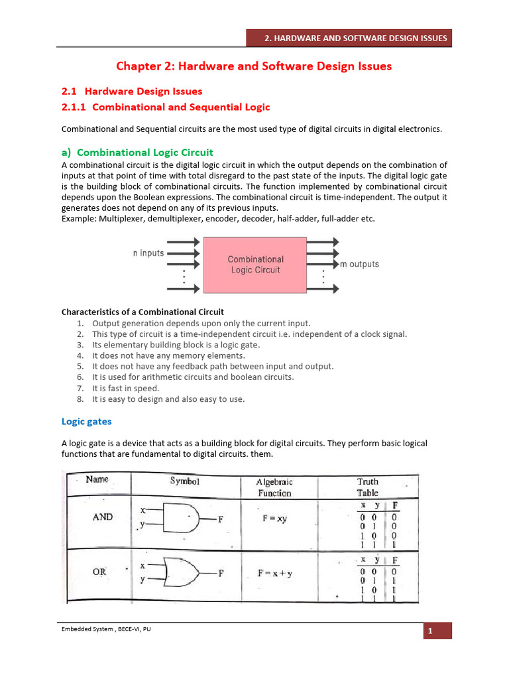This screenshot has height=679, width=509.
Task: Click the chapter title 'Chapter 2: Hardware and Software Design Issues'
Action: point(254,66)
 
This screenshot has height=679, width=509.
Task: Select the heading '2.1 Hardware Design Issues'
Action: point(132,91)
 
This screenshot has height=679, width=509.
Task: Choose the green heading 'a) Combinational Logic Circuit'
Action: point(137,153)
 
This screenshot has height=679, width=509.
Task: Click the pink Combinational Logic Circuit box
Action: point(255,265)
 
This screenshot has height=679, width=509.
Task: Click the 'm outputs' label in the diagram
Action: point(359,264)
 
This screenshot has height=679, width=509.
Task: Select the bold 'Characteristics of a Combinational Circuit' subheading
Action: point(142,312)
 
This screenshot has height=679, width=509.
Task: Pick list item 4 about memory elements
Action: point(159,355)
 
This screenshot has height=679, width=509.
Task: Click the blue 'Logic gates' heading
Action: point(86,421)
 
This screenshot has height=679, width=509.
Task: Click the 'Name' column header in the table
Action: point(97,479)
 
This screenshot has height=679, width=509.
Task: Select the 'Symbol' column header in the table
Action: point(185,481)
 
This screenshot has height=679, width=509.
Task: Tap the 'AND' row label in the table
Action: point(103,517)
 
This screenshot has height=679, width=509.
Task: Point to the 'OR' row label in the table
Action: point(102,570)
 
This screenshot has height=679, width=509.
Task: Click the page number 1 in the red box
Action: point(438,631)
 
